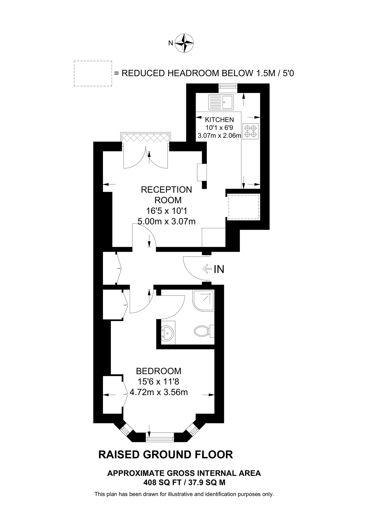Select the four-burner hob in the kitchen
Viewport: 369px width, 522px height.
coord(251,131)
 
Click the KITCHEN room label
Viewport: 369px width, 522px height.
coord(219,119)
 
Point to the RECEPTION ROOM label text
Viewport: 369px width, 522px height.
coord(166,195)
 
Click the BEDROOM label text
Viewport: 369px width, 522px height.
coord(159,371)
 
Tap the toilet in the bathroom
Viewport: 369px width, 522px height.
coord(202,330)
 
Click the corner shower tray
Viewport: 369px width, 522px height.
coord(203,300)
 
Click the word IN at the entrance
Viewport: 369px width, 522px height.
coord(219,269)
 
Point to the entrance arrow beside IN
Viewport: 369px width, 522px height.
coord(207,269)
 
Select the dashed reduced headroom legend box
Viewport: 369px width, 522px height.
coord(93,73)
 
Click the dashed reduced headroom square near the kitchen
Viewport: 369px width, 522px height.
coord(243,207)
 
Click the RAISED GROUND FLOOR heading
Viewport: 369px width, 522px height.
coord(166,454)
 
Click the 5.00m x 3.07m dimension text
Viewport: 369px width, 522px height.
coord(166,222)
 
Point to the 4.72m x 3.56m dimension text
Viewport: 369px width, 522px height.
coord(159,392)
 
